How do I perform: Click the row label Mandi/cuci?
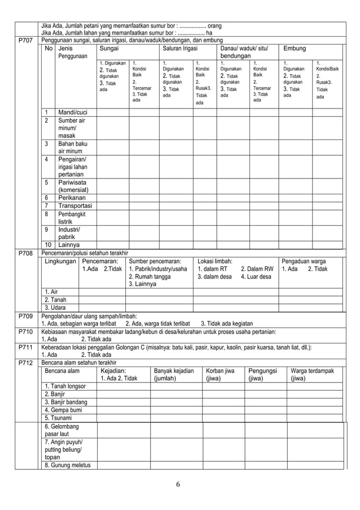[x=73, y=112]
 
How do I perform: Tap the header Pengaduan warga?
[x=304, y=261]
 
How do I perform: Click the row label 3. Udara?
[x=55, y=307]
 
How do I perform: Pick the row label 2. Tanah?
[x=55, y=299]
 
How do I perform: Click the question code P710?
[x=25, y=331]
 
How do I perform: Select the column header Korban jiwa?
[x=220, y=371]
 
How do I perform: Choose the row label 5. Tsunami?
[x=60, y=418]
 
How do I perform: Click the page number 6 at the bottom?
[x=177, y=484]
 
